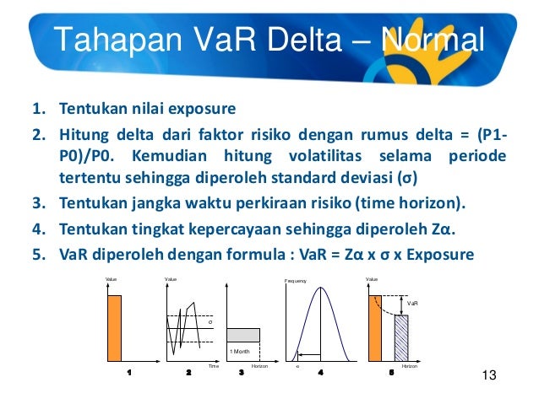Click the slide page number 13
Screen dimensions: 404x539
pos(485,375)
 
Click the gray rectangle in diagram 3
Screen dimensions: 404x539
pos(243,335)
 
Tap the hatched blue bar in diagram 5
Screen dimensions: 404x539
pos(401,338)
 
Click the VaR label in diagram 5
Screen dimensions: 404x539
pos(412,303)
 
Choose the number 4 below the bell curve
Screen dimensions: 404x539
pos(320,372)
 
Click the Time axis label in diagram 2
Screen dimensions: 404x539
pos(214,367)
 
